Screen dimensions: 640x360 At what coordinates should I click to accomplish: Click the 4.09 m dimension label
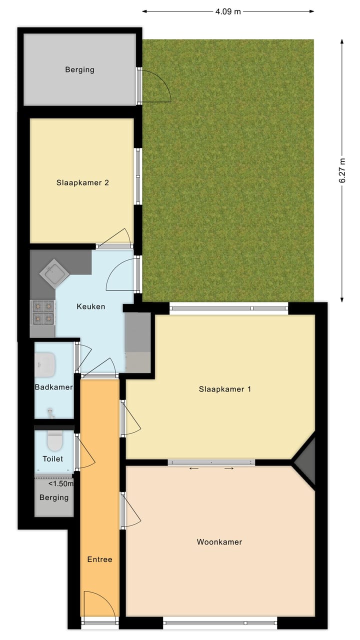coord(228,11)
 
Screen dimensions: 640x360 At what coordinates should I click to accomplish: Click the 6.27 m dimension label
coord(342,170)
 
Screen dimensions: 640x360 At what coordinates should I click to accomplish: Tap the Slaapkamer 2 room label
coord(82,182)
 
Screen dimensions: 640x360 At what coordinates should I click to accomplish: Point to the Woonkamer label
coord(219,541)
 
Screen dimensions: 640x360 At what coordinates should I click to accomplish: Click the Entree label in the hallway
coord(99,559)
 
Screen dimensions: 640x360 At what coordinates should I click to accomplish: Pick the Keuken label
coord(90,306)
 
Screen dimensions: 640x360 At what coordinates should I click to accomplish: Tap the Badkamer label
coord(53,387)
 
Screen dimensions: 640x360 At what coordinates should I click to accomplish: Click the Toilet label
coord(53,458)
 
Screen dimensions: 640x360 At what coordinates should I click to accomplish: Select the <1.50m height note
coord(60,483)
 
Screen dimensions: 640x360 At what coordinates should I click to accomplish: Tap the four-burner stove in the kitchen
coord(42,312)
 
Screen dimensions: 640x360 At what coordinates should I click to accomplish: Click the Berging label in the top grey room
coord(79,69)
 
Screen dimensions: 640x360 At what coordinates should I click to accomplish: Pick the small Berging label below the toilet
coord(54,497)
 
